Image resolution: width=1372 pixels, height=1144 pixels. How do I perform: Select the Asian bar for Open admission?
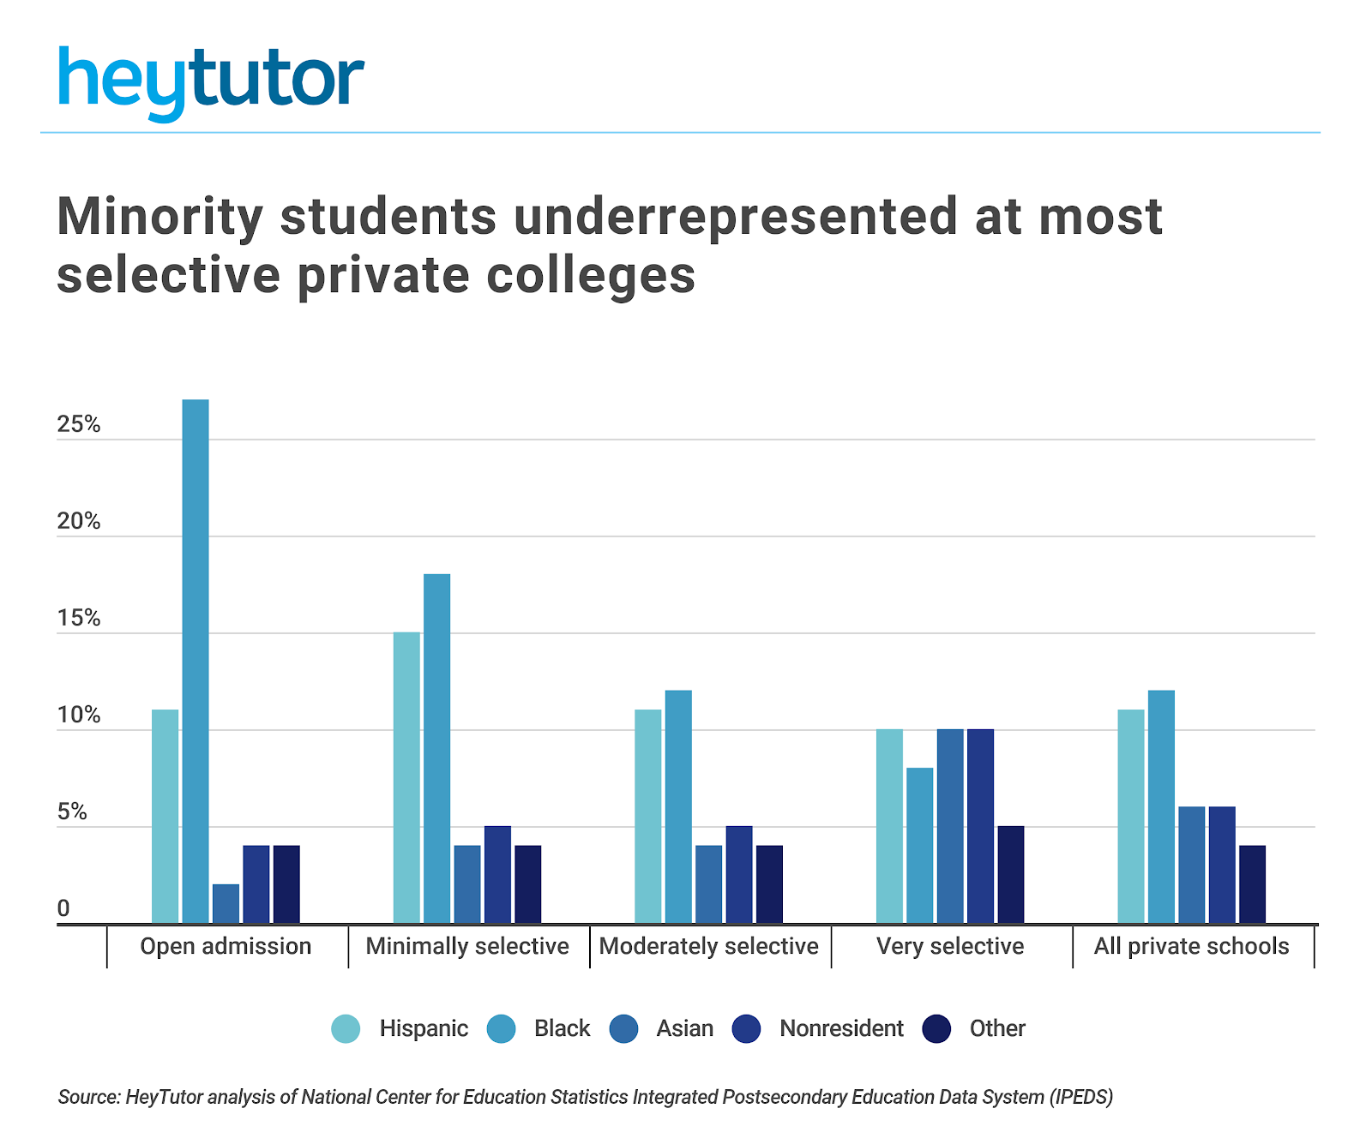coord(226,903)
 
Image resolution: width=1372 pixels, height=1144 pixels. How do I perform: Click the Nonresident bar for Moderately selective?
coord(739,875)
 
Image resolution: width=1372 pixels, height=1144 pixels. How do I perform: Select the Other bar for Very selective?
coord(1011,875)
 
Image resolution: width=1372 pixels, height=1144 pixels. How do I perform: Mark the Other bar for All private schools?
coord(1252,884)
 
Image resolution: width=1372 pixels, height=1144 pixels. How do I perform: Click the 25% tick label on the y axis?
coord(79,425)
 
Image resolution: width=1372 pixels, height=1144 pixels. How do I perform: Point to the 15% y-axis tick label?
coord(79,619)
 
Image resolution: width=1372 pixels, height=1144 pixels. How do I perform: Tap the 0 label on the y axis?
coord(63,909)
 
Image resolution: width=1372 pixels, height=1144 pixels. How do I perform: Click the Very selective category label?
coord(950,946)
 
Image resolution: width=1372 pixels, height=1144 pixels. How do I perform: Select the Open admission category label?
coord(226,946)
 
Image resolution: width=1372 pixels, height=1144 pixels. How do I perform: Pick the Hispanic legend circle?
coord(346,1028)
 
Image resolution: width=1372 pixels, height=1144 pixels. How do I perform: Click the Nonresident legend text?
coord(841,1028)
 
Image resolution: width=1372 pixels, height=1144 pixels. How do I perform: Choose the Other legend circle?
coord(936,1028)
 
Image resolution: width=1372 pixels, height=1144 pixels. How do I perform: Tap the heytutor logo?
coord(211,81)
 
